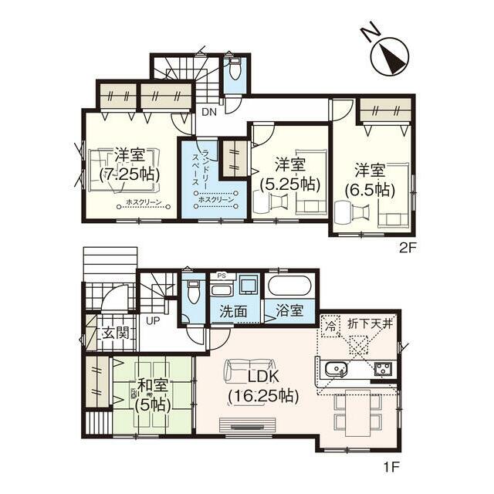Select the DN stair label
point(209,112)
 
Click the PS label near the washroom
point(222,275)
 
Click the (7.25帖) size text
point(130,174)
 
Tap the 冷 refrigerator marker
point(330,325)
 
